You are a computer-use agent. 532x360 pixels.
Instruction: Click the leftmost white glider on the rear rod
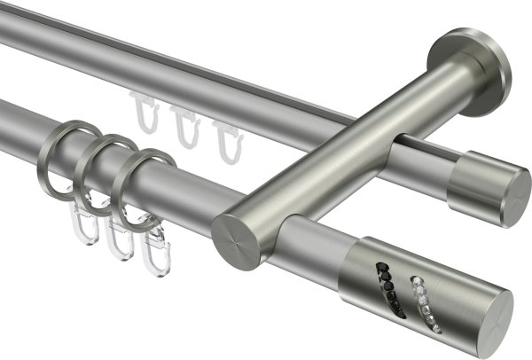point(145,114)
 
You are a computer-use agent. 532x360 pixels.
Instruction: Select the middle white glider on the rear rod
point(185,128)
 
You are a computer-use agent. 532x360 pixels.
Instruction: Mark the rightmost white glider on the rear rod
point(224,137)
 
